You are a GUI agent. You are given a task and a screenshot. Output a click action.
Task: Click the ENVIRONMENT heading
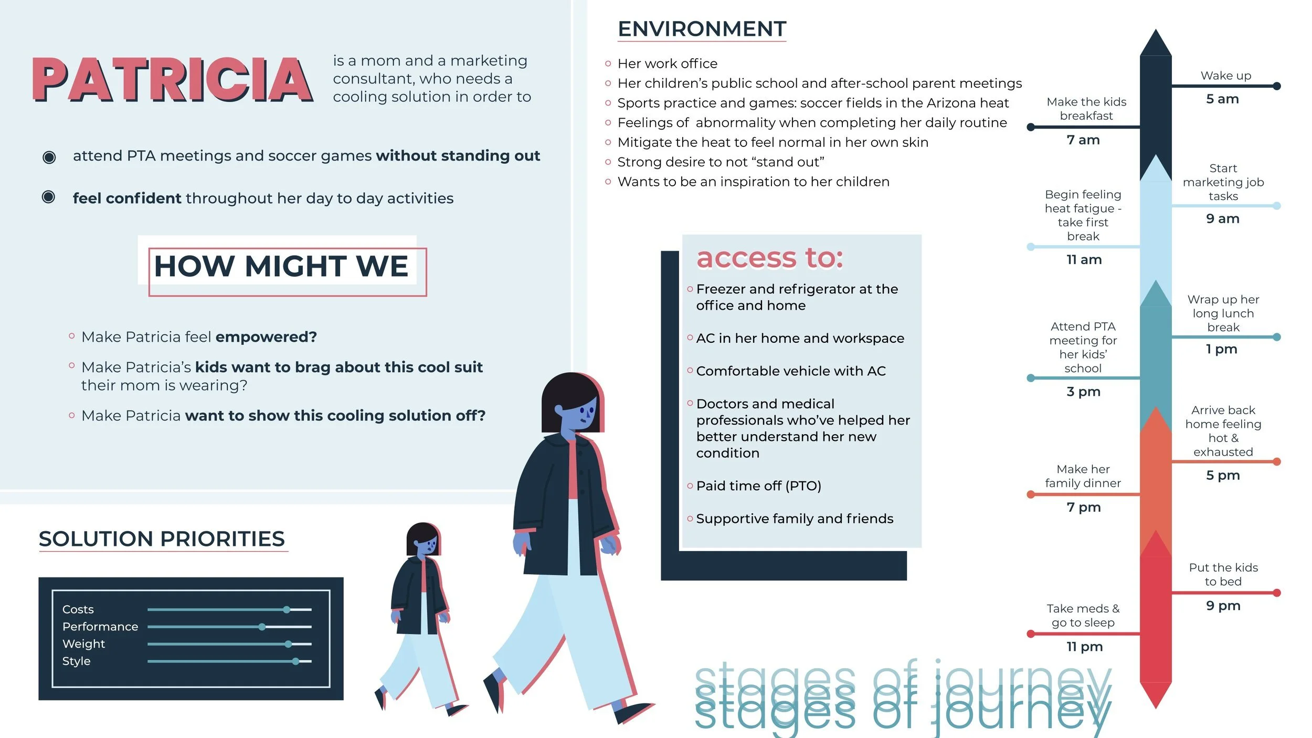click(702, 29)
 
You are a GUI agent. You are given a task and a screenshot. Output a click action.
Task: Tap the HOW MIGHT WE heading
click(281, 266)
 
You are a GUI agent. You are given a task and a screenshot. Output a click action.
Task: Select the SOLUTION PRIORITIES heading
click(162, 539)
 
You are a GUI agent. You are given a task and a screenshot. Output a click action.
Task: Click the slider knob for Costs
click(287, 609)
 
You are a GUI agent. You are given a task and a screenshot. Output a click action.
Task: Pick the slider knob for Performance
click(262, 627)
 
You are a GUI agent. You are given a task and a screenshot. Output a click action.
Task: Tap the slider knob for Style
click(296, 661)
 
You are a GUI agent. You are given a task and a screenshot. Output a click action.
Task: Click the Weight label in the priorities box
click(83, 644)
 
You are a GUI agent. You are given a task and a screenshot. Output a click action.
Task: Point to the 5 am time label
click(1222, 99)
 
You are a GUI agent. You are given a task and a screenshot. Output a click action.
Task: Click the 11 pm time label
click(1084, 647)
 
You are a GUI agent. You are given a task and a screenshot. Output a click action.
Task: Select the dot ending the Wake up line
click(1277, 86)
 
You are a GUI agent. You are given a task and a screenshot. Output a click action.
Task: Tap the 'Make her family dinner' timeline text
click(1083, 476)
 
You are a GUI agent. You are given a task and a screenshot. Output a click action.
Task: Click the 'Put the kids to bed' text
click(1223, 574)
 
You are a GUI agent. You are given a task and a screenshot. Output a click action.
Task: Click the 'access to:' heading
click(769, 258)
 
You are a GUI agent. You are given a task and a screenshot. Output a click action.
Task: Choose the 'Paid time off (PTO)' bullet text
click(758, 486)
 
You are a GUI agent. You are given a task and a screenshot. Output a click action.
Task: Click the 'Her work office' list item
click(667, 64)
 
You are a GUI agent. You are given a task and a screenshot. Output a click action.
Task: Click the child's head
click(422, 540)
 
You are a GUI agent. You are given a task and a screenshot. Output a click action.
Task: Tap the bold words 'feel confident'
click(126, 198)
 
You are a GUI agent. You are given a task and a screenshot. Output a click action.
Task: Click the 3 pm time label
click(1083, 392)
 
